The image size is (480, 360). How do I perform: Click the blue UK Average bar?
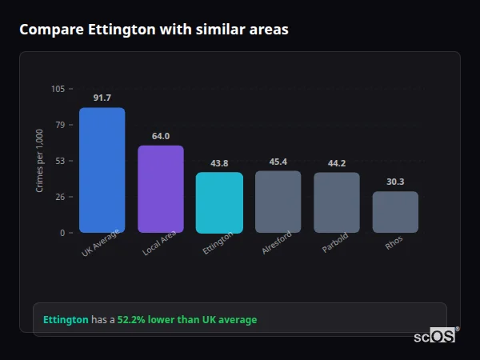click(102, 170)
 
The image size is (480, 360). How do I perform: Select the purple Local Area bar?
click(161, 190)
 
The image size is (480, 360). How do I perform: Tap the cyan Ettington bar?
click(219, 202)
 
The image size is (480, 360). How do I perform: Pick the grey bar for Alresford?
click(278, 202)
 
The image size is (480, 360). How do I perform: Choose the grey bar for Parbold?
click(337, 202)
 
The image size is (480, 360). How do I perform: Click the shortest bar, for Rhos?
click(395, 212)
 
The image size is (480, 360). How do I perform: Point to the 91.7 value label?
click(102, 98)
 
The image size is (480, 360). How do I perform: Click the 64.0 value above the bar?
click(161, 136)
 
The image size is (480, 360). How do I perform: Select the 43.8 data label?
click(219, 163)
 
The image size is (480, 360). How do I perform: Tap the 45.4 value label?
click(278, 162)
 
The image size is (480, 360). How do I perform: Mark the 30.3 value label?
click(395, 182)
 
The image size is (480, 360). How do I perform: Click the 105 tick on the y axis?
click(58, 89)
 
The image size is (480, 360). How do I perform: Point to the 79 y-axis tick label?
click(60, 125)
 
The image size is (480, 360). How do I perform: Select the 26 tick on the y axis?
click(60, 197)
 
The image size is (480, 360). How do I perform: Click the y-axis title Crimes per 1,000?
click(40, 161)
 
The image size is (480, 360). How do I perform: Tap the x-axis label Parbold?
click(335, 244)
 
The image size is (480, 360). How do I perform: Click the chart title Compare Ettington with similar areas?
click(154, 30)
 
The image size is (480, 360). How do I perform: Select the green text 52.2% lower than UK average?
click(187, 320)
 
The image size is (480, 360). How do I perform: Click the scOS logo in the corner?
click(435, 336)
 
